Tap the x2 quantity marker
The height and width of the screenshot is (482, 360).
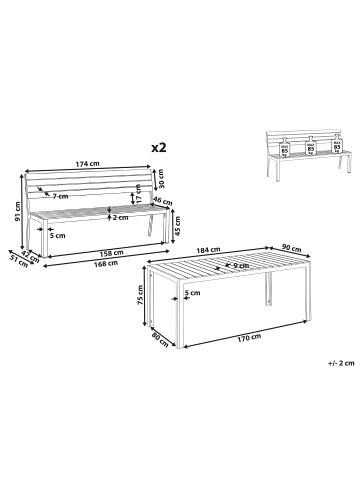tap(157, 146)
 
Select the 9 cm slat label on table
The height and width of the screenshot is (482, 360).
tap(241, 266)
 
